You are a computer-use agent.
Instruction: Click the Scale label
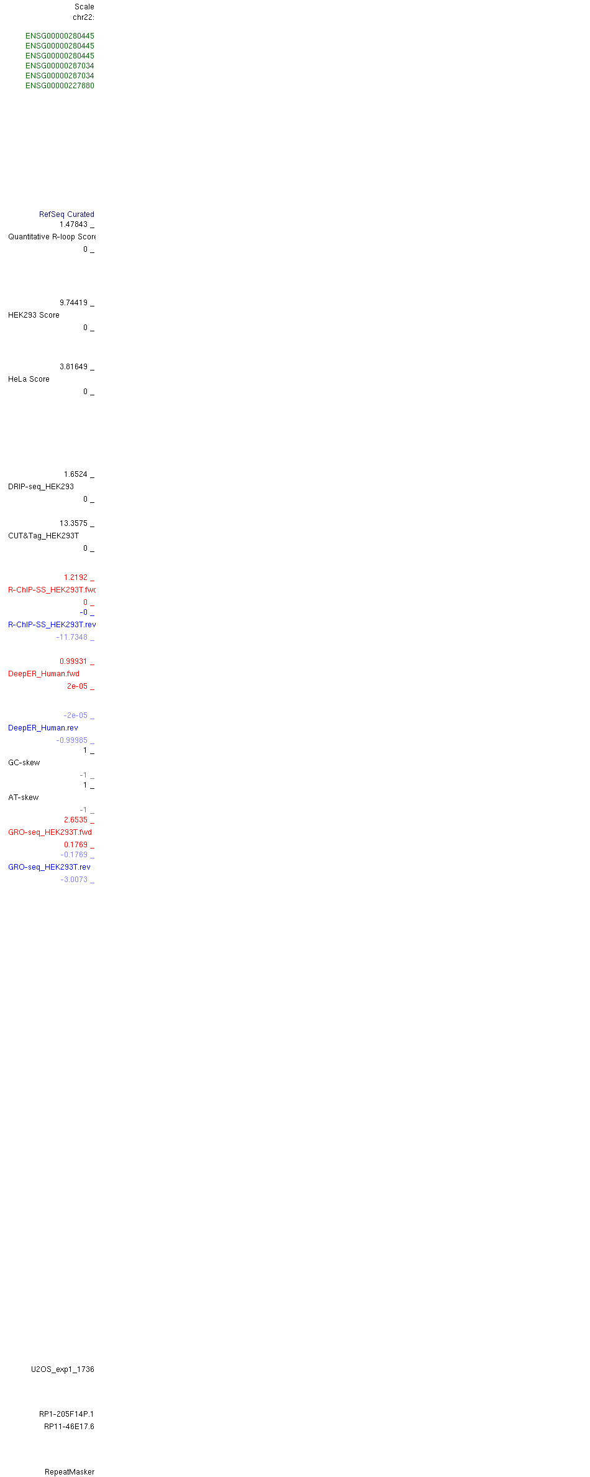84,7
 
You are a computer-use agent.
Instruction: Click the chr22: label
83,17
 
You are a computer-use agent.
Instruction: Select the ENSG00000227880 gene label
60,86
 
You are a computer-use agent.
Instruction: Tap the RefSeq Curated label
66,214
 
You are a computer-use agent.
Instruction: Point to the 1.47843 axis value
73,224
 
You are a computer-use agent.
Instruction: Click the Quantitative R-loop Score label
52,237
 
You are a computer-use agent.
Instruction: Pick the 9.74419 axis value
73,303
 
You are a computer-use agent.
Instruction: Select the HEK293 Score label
34,315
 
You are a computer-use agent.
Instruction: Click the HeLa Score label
29,379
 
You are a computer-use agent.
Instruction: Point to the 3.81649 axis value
73,367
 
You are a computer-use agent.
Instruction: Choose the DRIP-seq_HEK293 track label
41,487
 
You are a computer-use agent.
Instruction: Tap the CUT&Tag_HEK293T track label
43,536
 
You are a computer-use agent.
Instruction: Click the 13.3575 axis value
73,523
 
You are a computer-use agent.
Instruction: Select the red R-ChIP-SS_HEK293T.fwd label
52,590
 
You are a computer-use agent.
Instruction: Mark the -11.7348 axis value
72,637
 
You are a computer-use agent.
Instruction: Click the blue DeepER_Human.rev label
43,728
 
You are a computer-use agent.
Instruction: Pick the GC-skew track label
24,763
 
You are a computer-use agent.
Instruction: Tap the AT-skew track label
23,798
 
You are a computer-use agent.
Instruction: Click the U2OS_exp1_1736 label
63,1369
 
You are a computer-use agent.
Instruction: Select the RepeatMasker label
70,1472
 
